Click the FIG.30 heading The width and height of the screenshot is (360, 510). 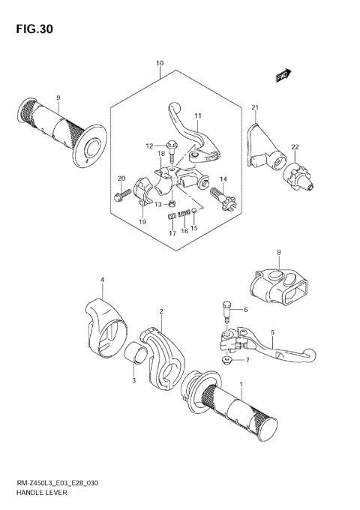[x=32, y=29]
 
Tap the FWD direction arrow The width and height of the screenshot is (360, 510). [x=283, y=75]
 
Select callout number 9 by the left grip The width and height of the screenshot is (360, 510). [x=58, y=97]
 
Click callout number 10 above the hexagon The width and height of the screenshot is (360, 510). [x=160, y=64]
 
